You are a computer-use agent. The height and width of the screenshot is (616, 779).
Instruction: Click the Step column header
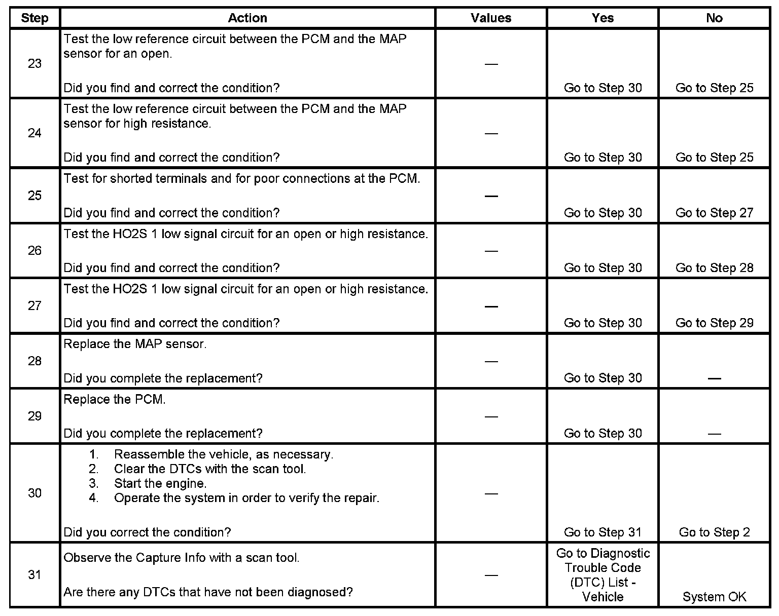pos(34,18)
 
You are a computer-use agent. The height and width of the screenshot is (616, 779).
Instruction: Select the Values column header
pos(491,18)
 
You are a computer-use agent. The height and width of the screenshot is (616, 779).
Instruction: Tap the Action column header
pos(247,18)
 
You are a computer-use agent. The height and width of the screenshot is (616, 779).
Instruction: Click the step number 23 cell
pos(34,64)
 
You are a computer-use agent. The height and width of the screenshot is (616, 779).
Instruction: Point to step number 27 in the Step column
pos(34,306)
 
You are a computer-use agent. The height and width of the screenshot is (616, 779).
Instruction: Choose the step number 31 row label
pos(34,575)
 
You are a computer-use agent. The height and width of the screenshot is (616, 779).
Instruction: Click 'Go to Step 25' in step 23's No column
pos(714,88)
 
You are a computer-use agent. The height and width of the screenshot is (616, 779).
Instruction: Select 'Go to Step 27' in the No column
pos(714,213)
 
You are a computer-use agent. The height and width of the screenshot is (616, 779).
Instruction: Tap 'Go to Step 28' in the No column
pos(714,268)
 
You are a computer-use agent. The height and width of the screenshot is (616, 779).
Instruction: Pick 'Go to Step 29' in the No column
pos(714,323)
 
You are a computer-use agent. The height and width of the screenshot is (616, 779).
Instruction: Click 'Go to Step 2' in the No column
pos(714,532)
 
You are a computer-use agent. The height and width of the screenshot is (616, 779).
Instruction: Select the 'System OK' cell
pos(714,597)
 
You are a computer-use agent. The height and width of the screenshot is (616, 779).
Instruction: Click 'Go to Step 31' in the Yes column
pos(603,532)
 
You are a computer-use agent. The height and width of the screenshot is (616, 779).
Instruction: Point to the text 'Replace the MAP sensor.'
pos(135,344)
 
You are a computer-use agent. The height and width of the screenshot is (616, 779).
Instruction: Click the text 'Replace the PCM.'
pos(115,400)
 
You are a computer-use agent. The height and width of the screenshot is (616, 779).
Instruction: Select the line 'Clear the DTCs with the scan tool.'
pos(210,469)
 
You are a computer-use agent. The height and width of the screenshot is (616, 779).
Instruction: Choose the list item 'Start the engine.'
pos(160,484)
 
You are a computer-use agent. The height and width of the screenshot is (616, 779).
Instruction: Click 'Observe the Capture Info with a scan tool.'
pos(182,558)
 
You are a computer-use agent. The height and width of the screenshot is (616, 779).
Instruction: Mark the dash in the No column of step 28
pos(714,378)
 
